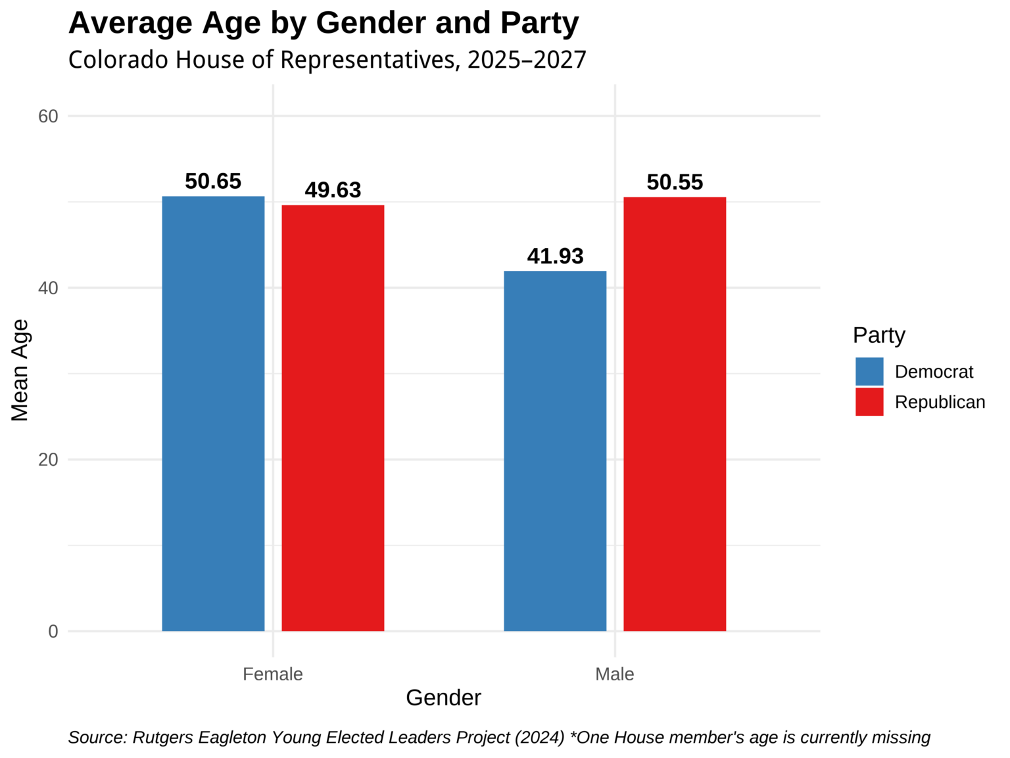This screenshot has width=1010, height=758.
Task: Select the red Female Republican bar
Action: coord(333,418)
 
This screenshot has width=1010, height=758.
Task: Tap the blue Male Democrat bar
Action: coord(555,451)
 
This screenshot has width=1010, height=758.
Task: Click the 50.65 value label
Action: coord(213,182)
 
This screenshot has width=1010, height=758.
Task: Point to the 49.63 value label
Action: coord(333,190)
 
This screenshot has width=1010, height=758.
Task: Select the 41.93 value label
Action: coord(555,257)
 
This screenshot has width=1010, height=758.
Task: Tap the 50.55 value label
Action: coord(675,182)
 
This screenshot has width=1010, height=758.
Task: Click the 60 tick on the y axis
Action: coord(48,116)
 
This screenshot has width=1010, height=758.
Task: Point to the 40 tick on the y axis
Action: coord(48,288)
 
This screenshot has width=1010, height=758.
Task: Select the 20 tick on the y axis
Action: coord(48,460)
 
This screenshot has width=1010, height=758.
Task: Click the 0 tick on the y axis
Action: coord(53,632)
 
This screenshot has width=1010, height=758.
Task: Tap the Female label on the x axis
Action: coord(273,674)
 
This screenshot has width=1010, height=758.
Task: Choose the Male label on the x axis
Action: coord(615,674)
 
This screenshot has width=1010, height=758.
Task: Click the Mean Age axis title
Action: coord(20,370)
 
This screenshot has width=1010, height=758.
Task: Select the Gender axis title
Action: coord(443,698)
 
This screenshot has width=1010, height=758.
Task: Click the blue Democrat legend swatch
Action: coord(869,372)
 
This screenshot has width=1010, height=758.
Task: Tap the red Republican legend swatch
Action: coord(869,402)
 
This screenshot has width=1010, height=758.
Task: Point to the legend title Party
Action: coord(878,336)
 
